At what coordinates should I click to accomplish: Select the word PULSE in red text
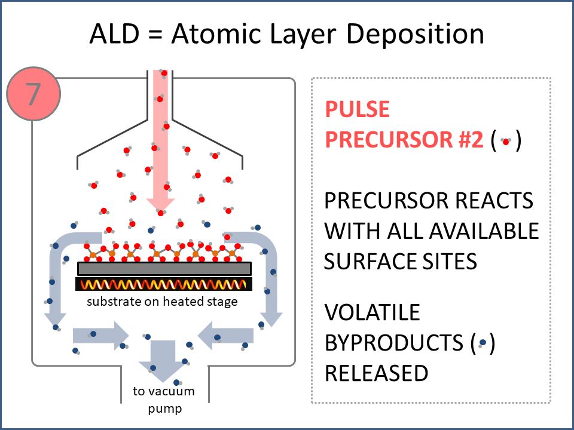pos(357,109)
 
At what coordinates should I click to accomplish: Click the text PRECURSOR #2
pos(404,140)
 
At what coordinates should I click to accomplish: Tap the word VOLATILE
pos(372,312)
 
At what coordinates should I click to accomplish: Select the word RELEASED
pos(376,373)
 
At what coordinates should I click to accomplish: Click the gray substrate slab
pos(164,269)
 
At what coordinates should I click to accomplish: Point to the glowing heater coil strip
pos(164,284)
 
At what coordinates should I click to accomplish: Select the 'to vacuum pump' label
pos(163,400)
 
